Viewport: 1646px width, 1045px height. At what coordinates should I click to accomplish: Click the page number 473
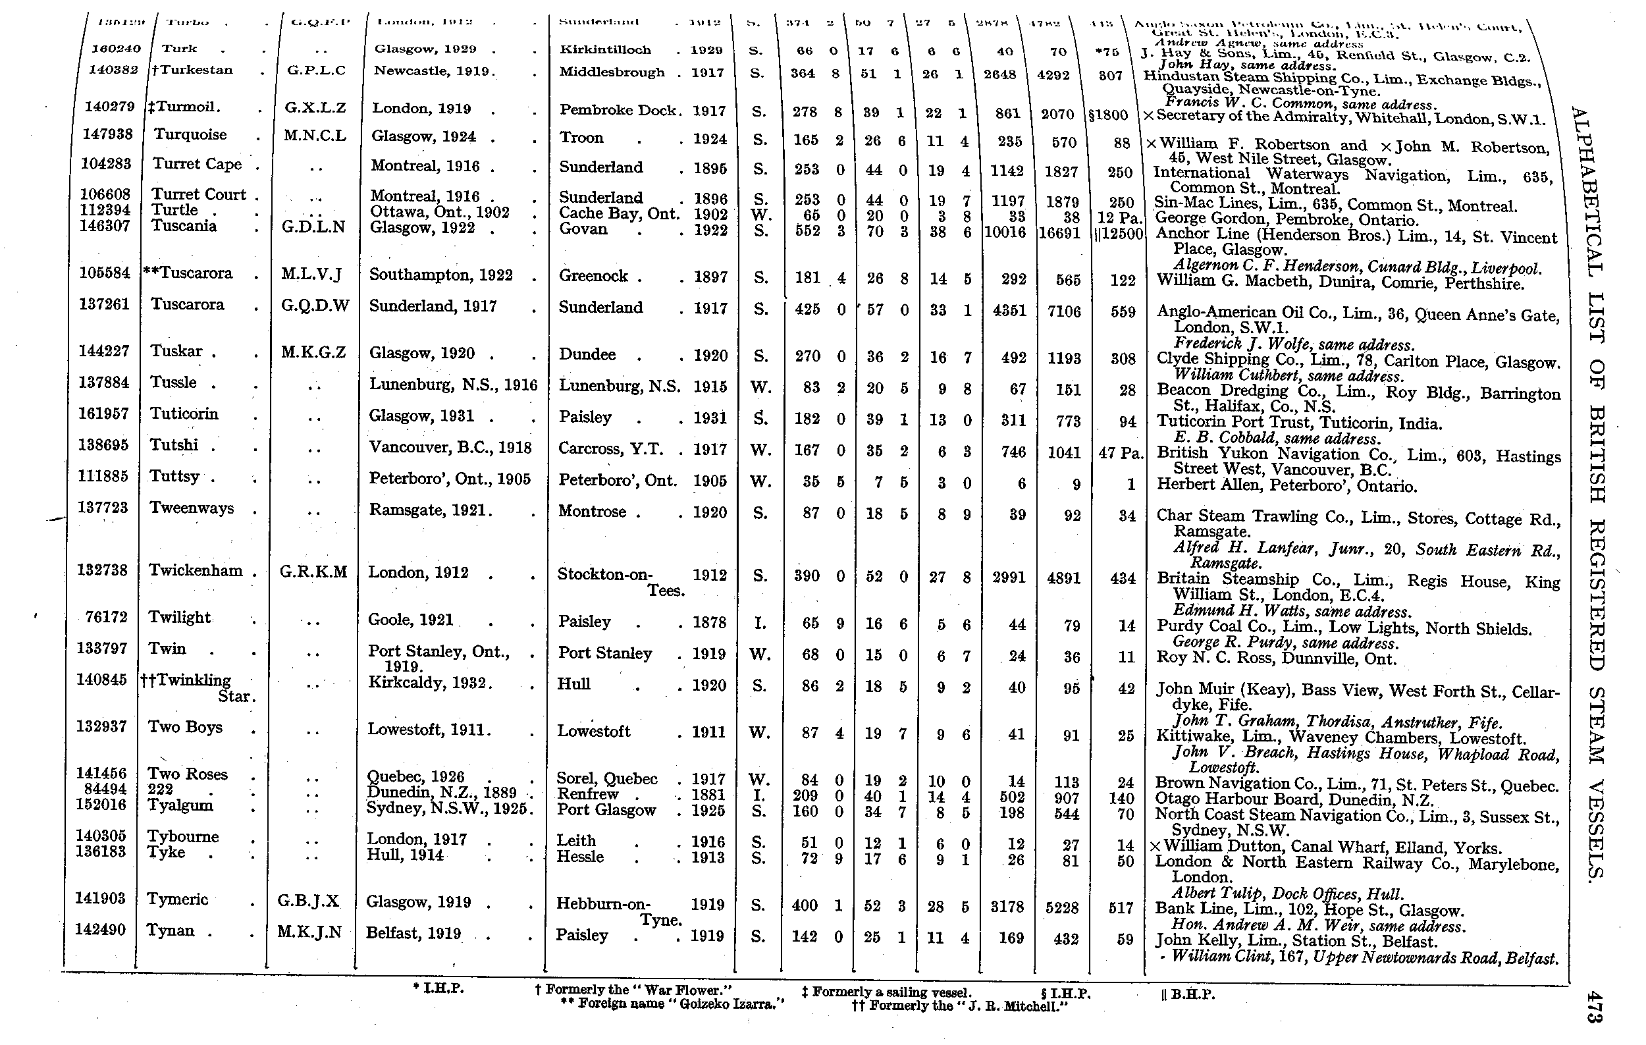pos(1593,1007)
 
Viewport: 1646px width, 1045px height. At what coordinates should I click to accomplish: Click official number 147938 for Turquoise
pos(107,134)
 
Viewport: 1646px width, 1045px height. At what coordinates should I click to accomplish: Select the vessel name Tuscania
pos(183,227)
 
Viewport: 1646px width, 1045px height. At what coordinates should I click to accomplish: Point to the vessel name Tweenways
pos(192,508)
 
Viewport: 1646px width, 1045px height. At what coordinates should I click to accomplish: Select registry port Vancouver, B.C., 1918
pos(450,448)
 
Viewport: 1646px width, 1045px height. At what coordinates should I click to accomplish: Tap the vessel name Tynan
pos(171,930)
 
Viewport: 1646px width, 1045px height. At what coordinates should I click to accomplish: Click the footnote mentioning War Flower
pos(633,990)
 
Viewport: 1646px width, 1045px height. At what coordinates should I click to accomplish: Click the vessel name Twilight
pos(179,617)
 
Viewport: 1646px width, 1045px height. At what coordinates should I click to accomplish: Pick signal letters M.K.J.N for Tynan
pos(309,932)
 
